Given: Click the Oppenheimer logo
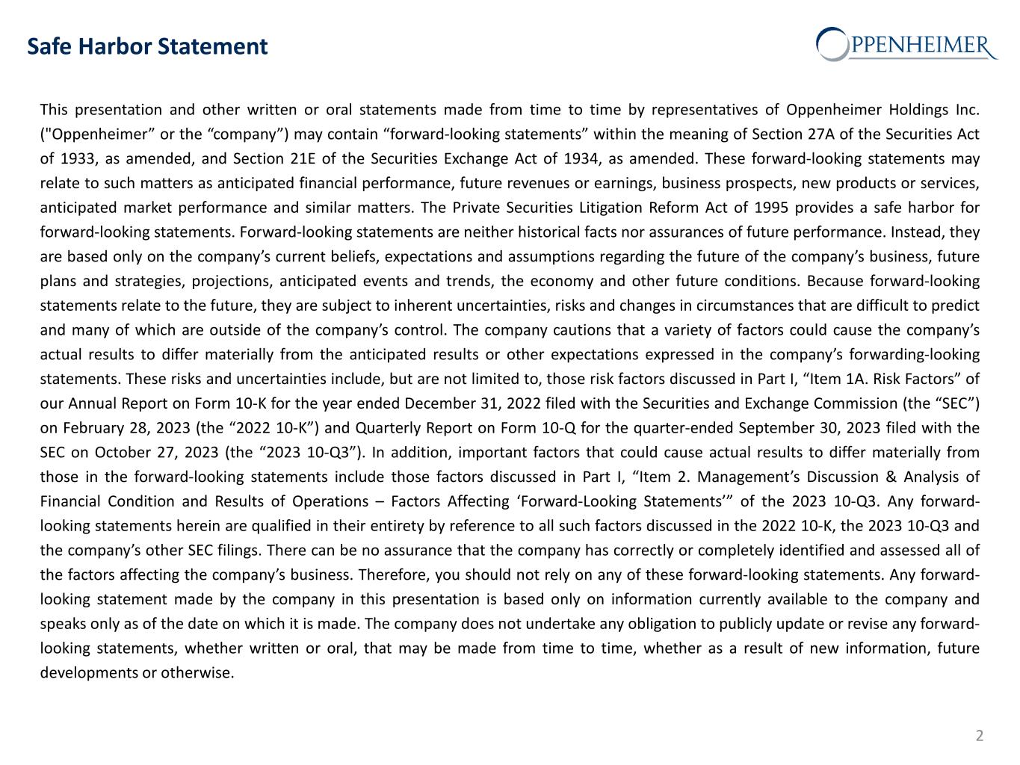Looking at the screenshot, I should (x=906, y=43).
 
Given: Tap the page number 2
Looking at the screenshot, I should (x=979, y=736).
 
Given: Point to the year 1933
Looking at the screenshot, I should (x=78, y=159).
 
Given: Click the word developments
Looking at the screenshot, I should (x=88, y=673).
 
